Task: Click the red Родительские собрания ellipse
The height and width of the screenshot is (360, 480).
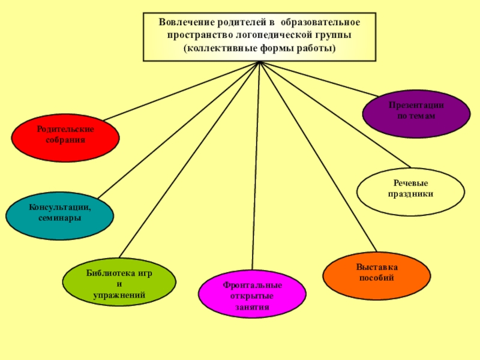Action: tap(65, 137)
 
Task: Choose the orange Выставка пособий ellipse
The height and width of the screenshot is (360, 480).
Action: tap(376, 275)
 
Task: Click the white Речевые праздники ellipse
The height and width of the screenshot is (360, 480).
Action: tap(410, 191)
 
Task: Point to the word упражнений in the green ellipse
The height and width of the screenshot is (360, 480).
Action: tap(119, 295)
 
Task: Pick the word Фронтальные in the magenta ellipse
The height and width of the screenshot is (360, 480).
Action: tap(252, 285)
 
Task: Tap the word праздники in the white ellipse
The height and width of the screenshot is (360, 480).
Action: tap(410, 194)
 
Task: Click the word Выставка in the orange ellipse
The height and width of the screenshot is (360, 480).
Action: tap(376, 267)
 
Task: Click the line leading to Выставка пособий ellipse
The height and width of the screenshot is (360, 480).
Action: tap(318, 156)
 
